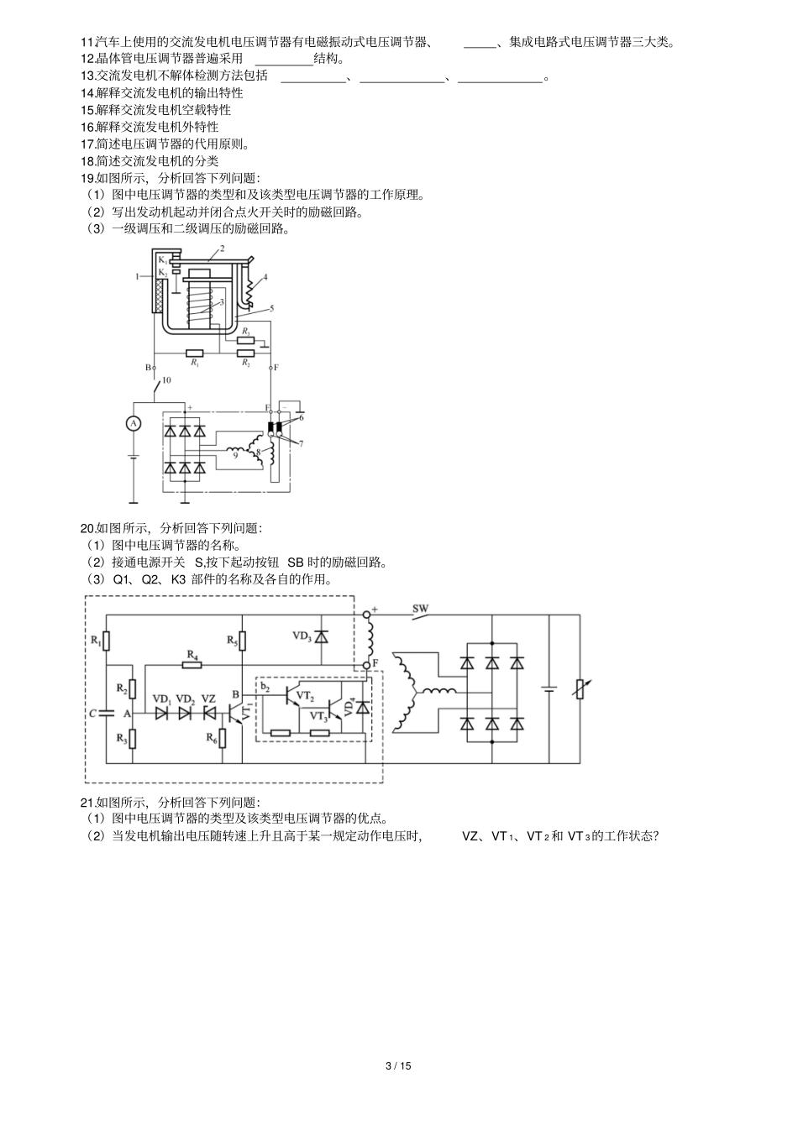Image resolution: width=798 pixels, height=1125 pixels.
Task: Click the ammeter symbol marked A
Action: pyautogui.click(x=132, y=424)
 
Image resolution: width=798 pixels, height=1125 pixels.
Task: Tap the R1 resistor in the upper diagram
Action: pyautogui.click(x=195, y=353)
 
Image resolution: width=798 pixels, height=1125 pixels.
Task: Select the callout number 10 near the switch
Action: pyautogui.click(x=166, y=380)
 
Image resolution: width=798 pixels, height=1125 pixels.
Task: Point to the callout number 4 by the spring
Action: pyautogui.click(x=265, y=276)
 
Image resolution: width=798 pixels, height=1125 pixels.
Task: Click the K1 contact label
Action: pyautogui.click(x=162, y=261)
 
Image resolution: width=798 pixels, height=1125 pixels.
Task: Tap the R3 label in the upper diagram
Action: pyautogui.click(x=245, y=332)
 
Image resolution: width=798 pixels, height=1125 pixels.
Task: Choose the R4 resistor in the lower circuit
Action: pyautogui.click(x=192, y=665)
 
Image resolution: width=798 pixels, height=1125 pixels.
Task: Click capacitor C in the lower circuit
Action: pyautogui.click(x=106, y=713)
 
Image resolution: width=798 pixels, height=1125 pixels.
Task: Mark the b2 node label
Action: pyautogui.click(x=265, y=686)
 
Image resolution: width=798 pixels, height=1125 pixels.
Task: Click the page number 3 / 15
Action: pyautogui.click(x=398, y=1066)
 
